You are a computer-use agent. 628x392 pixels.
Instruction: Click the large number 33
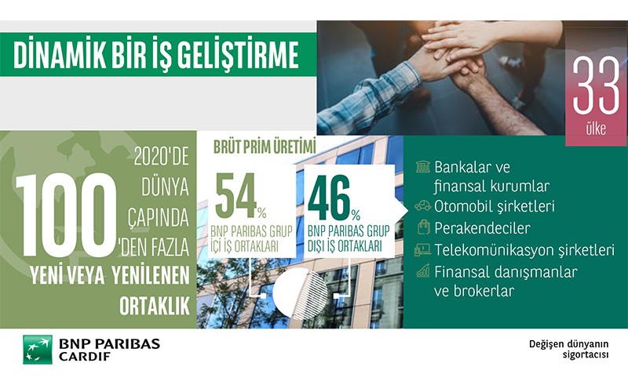(x=596, y=85)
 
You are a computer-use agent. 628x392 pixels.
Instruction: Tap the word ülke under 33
(x=596, y=129)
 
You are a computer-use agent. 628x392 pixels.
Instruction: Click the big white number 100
(x=67, y=215)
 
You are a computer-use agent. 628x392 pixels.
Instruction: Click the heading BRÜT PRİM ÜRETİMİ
(x=265, y=147)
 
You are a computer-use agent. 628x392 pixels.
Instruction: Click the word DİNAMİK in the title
(x=60, y=54)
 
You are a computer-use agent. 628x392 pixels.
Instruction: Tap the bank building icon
(x=422, y=166)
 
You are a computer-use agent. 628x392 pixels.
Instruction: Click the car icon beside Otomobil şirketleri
(x=422, y=205)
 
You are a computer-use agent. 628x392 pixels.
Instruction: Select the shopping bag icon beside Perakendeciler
(x=423, y=227)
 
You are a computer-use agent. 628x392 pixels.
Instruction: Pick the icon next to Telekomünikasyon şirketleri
(x=422, y=250)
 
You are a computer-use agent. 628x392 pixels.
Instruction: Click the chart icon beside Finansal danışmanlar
(x=422, y=270)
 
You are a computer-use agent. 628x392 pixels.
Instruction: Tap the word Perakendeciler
(x=482, y=228)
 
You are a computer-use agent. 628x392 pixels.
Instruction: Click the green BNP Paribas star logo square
(x=38, y=349)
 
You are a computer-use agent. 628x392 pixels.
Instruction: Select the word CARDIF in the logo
(x=85, y=357)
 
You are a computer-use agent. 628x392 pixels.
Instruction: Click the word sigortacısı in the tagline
(x=586, y=355)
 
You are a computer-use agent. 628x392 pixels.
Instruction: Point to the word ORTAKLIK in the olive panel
(x=155, y=307)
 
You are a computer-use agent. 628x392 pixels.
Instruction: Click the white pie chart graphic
(x=300, y=294)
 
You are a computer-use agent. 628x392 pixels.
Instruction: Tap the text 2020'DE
(x=161, y=156)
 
